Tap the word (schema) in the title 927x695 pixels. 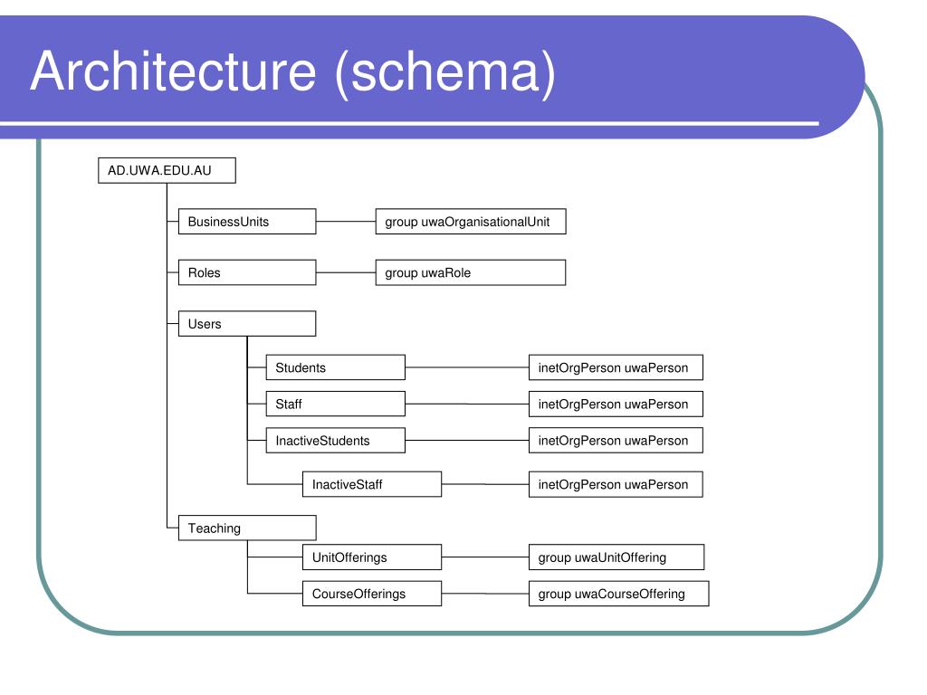445,72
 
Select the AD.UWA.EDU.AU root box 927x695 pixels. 167,170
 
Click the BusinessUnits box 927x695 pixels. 247,222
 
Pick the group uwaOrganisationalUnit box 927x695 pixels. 471,222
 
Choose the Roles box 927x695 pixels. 247,272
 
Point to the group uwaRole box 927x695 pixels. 471,272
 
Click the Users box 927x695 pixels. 247,324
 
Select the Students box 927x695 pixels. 335,367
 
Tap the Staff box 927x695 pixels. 335,405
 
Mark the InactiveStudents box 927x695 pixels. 335,441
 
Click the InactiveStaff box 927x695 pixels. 372,484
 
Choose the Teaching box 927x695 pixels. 247,528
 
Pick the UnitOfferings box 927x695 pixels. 372,557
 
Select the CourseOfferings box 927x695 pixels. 372,594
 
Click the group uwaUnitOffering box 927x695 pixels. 616,557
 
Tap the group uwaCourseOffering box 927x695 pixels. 618,594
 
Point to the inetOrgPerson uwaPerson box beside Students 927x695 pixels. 616,367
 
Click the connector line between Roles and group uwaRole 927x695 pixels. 346,272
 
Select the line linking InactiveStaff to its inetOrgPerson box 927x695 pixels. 485,484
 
